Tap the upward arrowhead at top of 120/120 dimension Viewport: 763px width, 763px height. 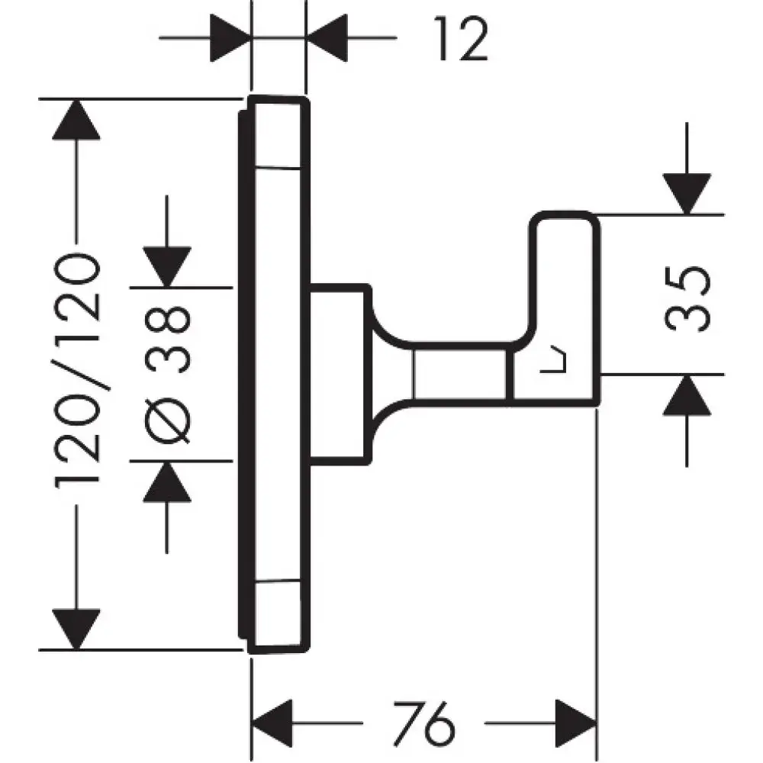(76, 120)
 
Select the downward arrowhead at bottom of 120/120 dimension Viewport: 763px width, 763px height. (76, 628)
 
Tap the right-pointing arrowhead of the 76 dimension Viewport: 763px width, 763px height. (574, 721)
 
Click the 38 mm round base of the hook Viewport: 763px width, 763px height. (339, 374)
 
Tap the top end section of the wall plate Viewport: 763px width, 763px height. (280, 133)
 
